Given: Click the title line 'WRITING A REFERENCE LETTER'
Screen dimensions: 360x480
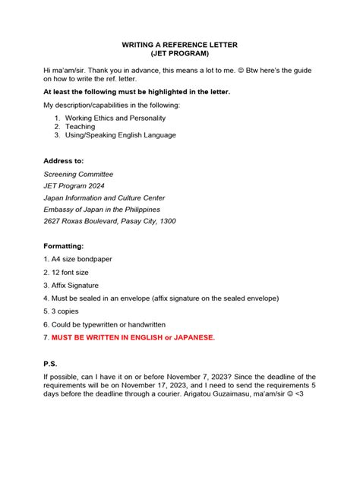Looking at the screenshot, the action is point(180,45).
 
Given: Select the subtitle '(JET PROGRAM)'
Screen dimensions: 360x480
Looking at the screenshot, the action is point(180,55).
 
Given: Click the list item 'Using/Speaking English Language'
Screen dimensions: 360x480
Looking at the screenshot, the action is point(120,135).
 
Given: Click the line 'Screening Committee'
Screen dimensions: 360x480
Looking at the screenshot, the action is point(78,174).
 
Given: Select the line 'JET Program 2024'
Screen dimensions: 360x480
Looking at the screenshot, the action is point(74,186).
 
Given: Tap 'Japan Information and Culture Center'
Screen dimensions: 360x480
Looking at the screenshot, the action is point(104,197).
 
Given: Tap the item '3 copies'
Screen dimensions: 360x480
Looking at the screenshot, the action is point(63,311).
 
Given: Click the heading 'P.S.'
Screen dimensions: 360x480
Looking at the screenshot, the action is point(51,365).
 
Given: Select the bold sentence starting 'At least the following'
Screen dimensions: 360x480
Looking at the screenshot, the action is point(137,91).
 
